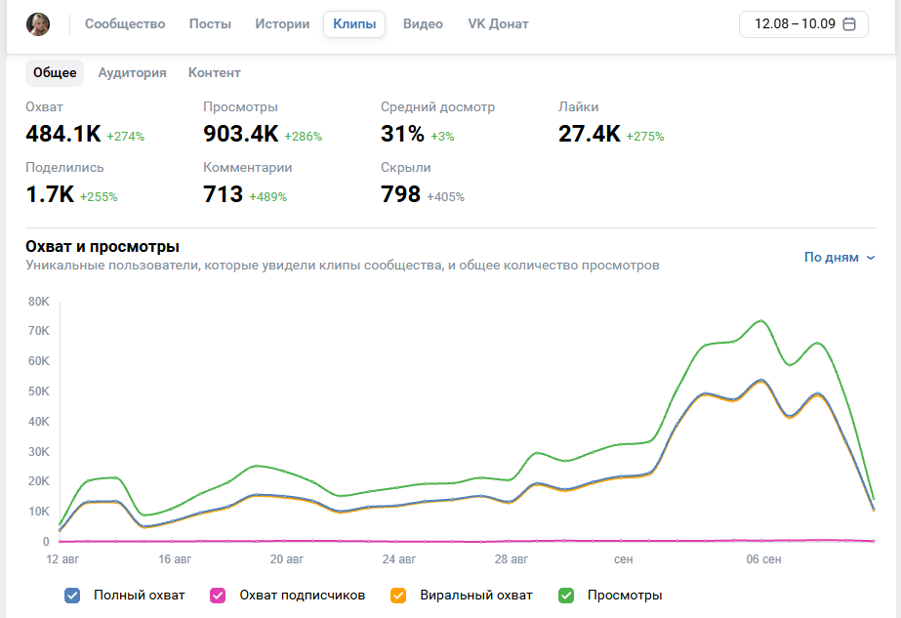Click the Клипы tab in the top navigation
(354, 24)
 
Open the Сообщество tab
(125, 24)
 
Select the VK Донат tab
(498, 24)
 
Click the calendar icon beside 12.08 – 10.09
(849, 24)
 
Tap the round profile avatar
(38, 24)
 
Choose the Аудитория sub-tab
(132, 73)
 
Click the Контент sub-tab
(215, 73)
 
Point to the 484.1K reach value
(63, 134)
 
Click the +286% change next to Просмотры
(303, 137)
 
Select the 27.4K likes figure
(590, 134)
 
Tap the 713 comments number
(223, 194)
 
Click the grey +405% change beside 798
(445, 196)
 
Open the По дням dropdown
(840, 258)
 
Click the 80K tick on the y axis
(39, 302)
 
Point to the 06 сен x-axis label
(763, 559)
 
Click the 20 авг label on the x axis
(287, 559)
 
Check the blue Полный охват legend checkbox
(72, 596)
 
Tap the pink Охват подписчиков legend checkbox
(218, 596)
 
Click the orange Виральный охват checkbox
(398, 596)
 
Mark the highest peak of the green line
(760, 321)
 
